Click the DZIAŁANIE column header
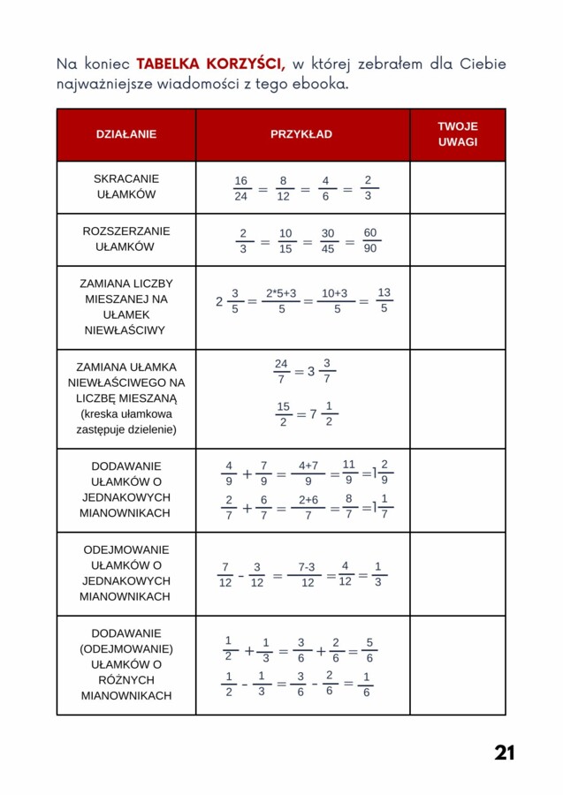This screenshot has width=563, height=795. (x=126, y=134)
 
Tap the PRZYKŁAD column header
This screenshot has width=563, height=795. (x=301, y=134)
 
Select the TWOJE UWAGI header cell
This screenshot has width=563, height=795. (x=457, y=134)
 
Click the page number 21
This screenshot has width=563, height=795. (x=505, y=753)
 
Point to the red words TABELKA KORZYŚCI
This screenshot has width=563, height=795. (x=210, y=64)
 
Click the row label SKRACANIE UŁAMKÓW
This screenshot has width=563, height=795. (x=126, y=186)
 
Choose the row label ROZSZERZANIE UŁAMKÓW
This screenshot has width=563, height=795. (x=126, y=239)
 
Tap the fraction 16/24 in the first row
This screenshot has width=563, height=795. (x=241, y=188)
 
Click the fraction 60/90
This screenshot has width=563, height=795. (x=370, y=240)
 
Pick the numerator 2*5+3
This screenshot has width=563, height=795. (x=281, y=293)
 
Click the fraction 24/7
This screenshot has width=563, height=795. (x=281, y=371)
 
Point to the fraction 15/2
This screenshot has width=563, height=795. (x=283, y=414)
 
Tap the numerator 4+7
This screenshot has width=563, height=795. (x=308, y=466)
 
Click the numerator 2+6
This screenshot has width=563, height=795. (x=308, y=499)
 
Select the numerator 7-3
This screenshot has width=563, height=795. (x=307, y=567)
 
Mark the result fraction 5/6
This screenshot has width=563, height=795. (x=369, y=650)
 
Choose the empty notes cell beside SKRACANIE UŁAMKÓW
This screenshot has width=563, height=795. (x=457, y=187)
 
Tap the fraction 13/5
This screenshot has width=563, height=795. (x=384, y=300)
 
